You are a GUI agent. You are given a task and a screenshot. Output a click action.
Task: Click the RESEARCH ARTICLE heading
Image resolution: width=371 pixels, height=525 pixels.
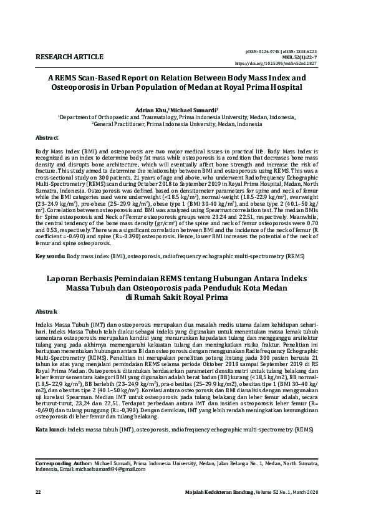click(70, 57)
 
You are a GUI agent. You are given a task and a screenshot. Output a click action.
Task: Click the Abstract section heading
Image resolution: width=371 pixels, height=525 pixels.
click(47, 137)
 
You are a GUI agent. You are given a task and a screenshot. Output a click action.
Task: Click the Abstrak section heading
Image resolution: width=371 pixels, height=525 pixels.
click(47, 311)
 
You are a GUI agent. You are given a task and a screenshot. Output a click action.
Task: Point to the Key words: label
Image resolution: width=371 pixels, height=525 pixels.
click(49, 256)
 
